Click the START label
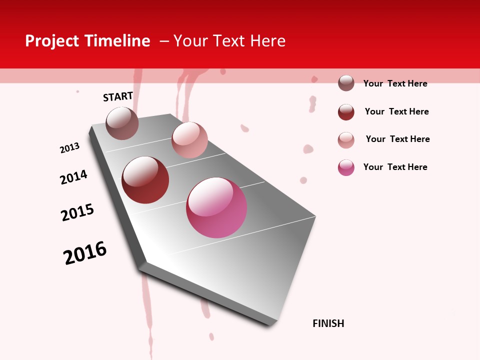click(118, 96)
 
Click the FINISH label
click(328, 323)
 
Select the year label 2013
click(70, 148)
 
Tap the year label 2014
click(73, 177)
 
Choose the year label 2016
click(85, 253)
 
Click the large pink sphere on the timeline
click(216, 207)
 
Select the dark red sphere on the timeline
click(145, 180)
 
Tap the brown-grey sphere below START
click(122, 123)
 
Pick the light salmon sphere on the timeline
click(189, 140)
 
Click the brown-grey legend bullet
click(346, 83)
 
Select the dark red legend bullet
click(346, 112)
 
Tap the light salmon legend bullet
click(346, 140)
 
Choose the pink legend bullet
click(346, 167)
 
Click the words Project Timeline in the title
click(87, 41)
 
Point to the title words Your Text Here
click(229, 41)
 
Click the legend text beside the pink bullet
click(395, 167)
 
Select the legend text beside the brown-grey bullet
click(395, 83)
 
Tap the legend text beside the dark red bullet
click(396, 111)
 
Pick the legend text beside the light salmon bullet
click(397, 139)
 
